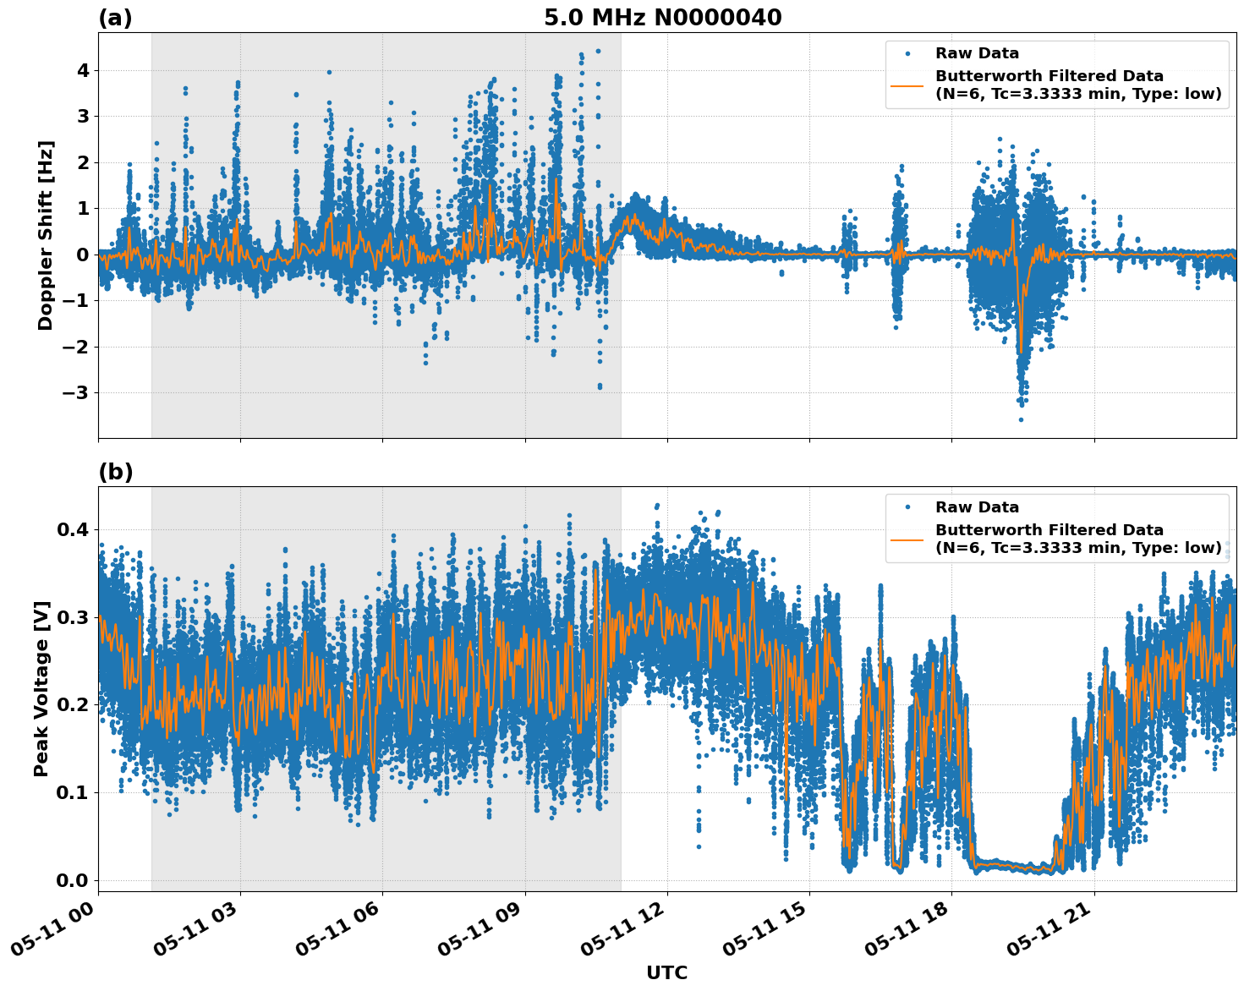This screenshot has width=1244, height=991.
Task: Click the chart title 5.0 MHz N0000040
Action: pyautogui.click(x=662, y=18)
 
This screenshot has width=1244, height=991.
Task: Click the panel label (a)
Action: pyautogui.click(x=115, y=18)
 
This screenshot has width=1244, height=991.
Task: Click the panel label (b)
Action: pyautogui.click(x=115, y=472)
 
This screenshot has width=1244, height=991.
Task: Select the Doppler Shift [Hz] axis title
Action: pyautogui.click(x=46, y=235)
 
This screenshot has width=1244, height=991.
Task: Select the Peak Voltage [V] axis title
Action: pyautogui.click(x=41, y=688)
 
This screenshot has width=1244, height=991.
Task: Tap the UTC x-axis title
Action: pyautogui.click(x=666, y=973)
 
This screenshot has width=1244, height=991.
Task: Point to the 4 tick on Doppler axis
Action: pyautogui.click(x=82, y=70)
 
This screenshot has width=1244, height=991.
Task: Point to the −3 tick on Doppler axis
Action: pyautogui.click(x=76, y=393)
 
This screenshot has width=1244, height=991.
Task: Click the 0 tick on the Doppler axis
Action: pyautogui.click(x=82, y=255)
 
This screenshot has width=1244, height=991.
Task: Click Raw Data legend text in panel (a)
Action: pyautogui.click(x=977, y=53)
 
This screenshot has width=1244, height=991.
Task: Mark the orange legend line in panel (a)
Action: pyautogui.click(x=907, y=85)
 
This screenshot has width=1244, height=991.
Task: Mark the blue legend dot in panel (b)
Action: pyautogui.click(x=907, y=507)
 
